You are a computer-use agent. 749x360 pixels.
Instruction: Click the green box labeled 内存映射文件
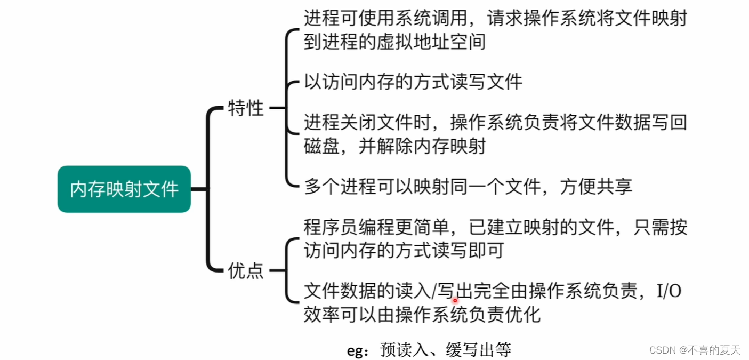[x=124, y=189]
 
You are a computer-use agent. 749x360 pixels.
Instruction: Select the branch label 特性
[x=246, y=108]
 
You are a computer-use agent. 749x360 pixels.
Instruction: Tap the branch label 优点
[x=246, y=271]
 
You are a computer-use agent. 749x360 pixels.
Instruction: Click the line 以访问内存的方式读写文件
[x=413, y=82]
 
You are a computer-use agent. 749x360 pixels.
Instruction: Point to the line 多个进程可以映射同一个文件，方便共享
[x=468, y=186]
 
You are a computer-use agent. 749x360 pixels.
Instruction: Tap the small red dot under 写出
[x=455, y=301]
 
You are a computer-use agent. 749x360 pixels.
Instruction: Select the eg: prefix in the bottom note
[x=361, y=350]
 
